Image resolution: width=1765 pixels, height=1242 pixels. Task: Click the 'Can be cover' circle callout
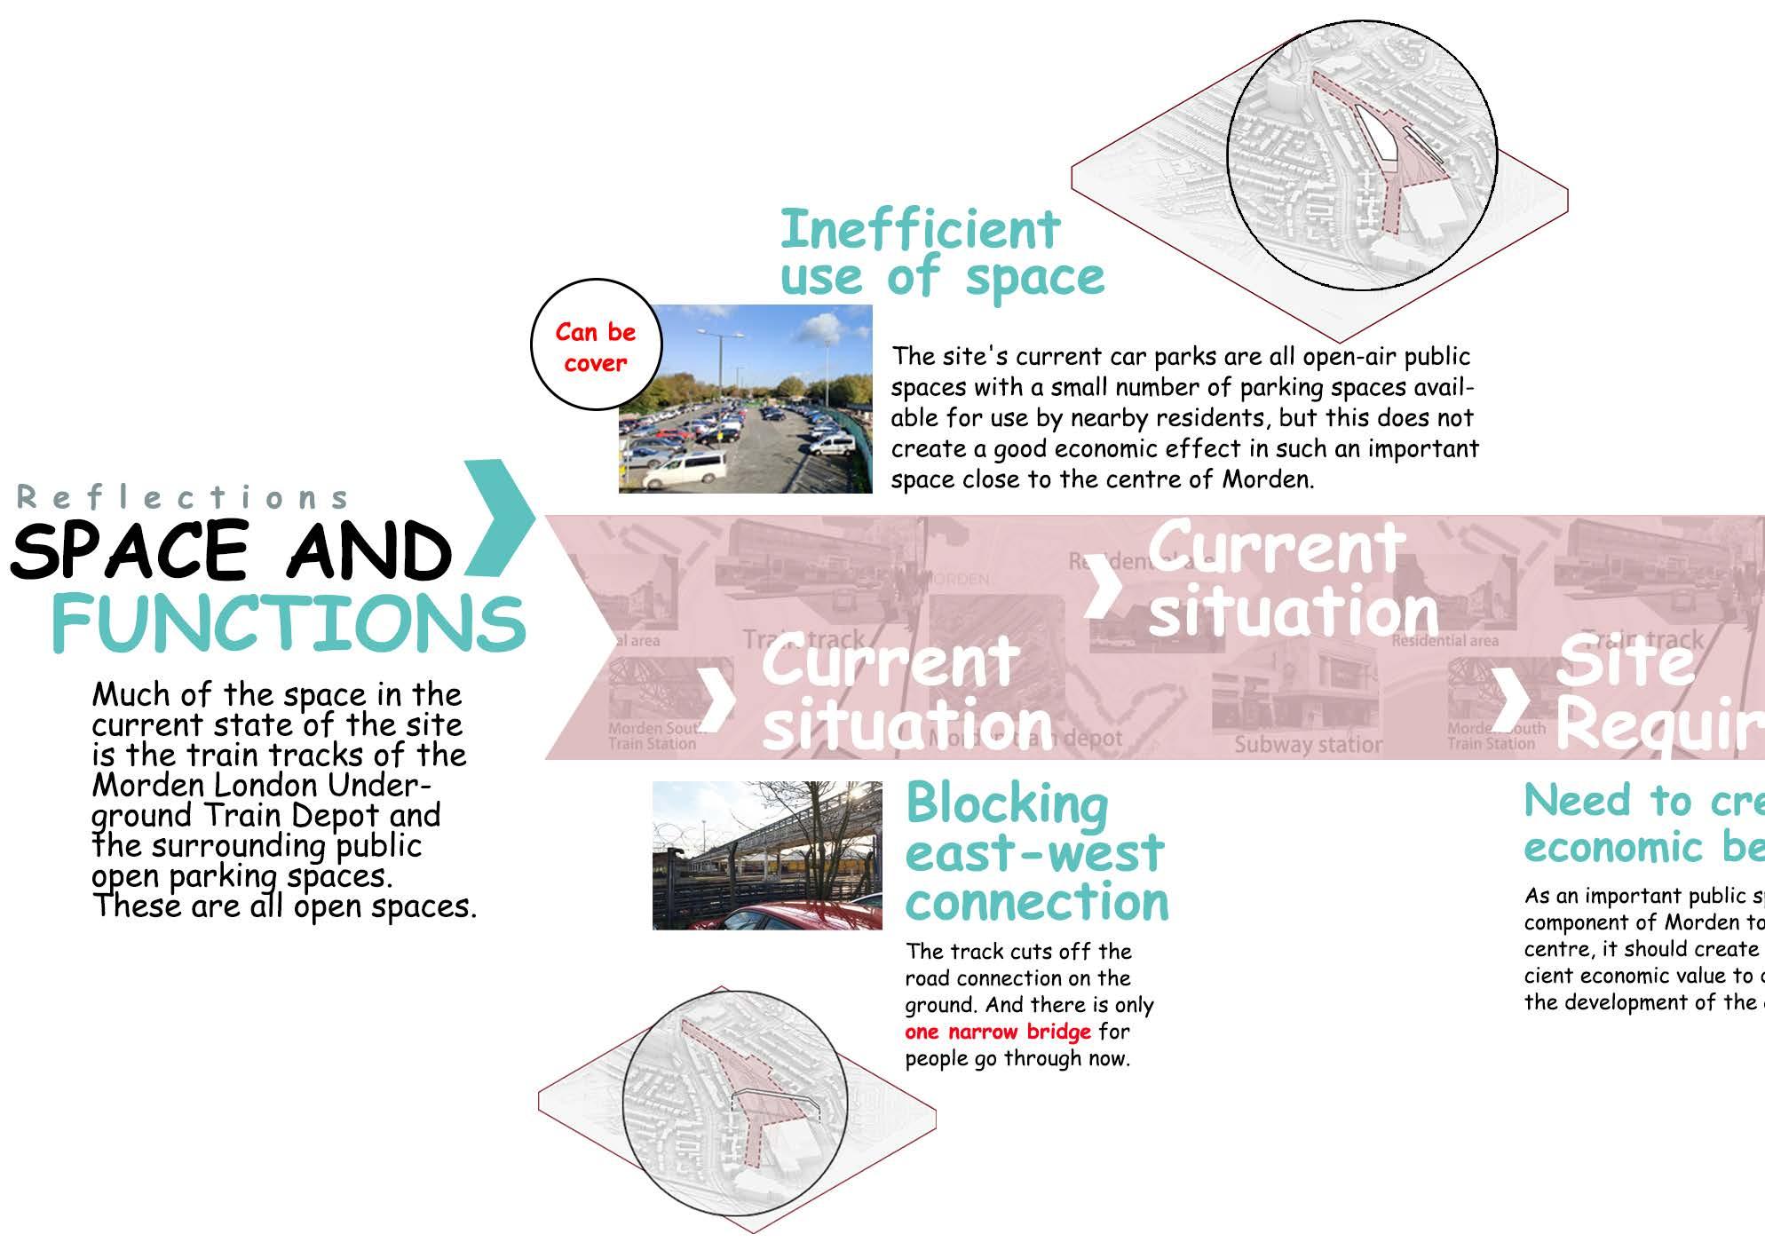(x=595, y=346)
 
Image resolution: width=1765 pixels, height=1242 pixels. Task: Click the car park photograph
(x=746, y=399)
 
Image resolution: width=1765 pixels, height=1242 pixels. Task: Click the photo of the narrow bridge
(x=767, y=855)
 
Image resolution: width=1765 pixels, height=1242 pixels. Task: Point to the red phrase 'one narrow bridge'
(x=997, y=1032)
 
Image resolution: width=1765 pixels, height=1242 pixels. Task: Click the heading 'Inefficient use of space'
(x=941, y=253)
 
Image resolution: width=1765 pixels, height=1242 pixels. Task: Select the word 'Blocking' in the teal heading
(x=1007, y=804)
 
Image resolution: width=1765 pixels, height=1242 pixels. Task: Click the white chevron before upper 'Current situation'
(x=1104, y=587)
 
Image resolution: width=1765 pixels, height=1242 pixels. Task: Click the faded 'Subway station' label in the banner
(x=1308, y=744)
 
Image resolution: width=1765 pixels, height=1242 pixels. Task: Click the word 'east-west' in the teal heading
(x=1034, y=853)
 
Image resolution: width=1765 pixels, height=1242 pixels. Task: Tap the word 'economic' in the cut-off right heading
(x=1613, y=848)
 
